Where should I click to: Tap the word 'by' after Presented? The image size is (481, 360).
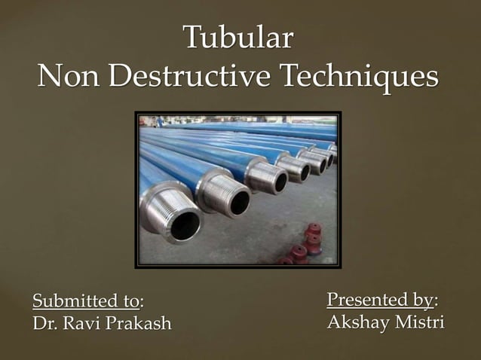pos(423,301)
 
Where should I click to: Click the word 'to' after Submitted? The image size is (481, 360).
pos(130,301)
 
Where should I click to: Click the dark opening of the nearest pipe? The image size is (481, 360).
pos(185,224)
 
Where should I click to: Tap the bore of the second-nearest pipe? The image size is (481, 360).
pos(240,201)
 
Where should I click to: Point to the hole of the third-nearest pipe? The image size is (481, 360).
pos(281,182)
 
